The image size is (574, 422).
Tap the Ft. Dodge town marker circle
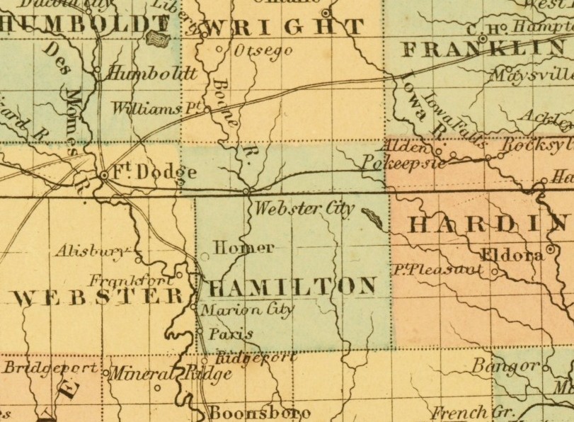point(104,173)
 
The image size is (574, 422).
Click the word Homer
point(243,248)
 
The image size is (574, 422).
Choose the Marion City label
point(247,310)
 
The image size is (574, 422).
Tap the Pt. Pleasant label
point(439,270)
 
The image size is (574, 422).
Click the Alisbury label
point(91,250)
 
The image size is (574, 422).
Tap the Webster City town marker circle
point(246,191)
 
